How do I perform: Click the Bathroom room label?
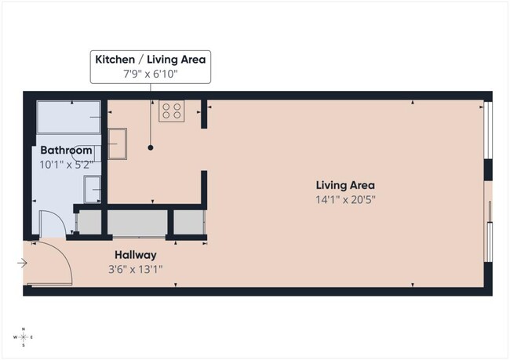(x=67, y=151)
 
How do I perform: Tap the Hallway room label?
(x=136, y=255)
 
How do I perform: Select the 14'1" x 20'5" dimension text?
(x=345, y=199)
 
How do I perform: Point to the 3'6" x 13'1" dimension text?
(x=136, y=269)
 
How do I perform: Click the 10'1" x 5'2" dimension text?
(x=67, y=165)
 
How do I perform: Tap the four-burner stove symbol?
(x=172, y=111)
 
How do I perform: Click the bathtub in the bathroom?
(x=71, y=118)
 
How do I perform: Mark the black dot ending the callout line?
(x=151, y=147)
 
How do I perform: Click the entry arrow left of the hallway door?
(x=23, y=264)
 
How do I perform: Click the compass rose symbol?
(x=24, y=336)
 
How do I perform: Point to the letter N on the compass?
(x=24, y=329)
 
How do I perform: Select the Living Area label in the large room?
(x=345, y=185)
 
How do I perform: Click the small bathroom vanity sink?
(x=93, y=188)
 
